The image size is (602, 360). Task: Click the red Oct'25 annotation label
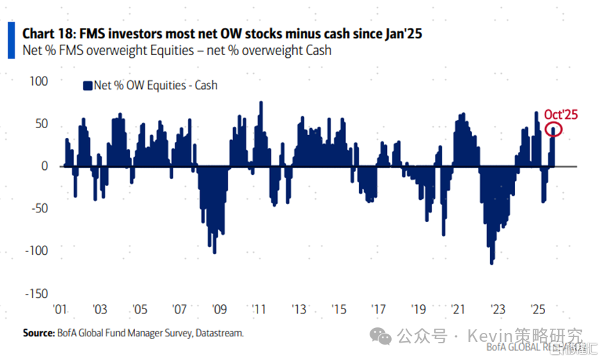pyautogui.click(x=561, y=114)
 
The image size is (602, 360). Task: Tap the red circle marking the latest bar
pyautogui.click(x=554, y=130)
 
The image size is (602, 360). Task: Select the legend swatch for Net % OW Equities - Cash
pyautogui.click(x=87, y=86)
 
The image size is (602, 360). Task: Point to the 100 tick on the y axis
pyautogui.click(x=38, y=81)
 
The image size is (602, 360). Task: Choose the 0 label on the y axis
pyautogui.click(x=44, y=166)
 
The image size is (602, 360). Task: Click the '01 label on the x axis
pyautogui.click(x=61, y=308)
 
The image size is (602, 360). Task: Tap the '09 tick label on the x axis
pyautogui.click(x=219, y=308)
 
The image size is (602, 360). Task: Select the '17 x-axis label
pyautogui.click(x=379, y=308)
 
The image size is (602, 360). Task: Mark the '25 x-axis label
pyautogui.click(x=538, y=308)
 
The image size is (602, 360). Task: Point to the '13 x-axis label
pyautogui.click(x=299, y=308)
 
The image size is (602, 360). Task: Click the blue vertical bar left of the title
pyautogui.click(x=10, y=40)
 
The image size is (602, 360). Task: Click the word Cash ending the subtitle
pyautogui.click(x=317, y=50)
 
